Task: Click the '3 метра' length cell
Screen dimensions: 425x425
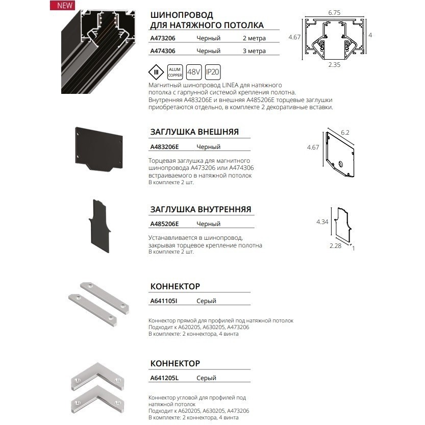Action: [254, 51]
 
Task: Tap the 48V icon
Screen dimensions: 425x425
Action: [193, 71]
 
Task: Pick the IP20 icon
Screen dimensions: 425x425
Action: [213, 71]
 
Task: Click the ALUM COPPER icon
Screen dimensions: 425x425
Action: [175, 71]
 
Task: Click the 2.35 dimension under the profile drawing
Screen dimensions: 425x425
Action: [334, 65]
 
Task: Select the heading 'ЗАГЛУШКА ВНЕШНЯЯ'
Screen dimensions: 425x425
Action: [194, 132]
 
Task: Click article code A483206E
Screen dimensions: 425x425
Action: [164, 147]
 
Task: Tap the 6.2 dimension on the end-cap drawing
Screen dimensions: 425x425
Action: [345, 132]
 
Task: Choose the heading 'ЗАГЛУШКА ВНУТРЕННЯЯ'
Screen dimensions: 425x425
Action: [201, 210]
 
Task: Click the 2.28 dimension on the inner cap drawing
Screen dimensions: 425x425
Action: [335, 246]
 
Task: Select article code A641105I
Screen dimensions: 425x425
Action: [163, 301]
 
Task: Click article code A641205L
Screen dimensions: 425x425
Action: [164, 378]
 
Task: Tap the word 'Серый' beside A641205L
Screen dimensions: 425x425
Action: [206, 378]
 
